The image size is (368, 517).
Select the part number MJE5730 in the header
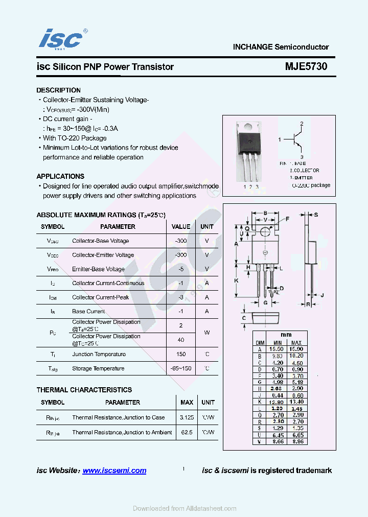pos(306,66)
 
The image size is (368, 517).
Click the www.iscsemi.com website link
pos(114,471)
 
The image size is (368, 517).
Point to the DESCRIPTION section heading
pos(58,90)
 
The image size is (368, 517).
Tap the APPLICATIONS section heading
pos(60,176)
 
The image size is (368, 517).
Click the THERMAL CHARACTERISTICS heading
pos(84,390)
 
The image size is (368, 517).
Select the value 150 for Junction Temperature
pos(181,354)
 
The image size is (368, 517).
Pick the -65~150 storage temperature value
pos(181,368)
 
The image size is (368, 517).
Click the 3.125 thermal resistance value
pos(187,417)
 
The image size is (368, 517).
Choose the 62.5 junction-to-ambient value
pos(187,432)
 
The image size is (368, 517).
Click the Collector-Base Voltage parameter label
pos(100,241)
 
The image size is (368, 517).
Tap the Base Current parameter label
pos(88,311)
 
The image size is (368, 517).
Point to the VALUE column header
pos(181,226)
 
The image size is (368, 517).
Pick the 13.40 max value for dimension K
pos(296,402)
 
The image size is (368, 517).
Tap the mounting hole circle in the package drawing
pos(265,232)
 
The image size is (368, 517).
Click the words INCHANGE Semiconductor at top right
pos(281,47)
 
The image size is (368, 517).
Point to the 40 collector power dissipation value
pos(181,340)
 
